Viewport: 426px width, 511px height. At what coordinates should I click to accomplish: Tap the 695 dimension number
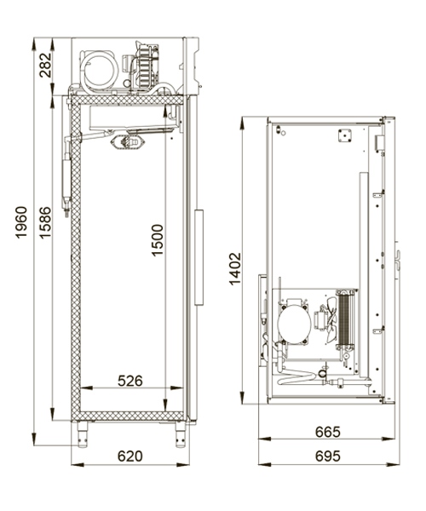tap(325, 456)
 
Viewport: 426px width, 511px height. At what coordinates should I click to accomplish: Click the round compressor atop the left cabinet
tap(100, 70)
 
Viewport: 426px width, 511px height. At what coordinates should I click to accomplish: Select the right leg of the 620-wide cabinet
tap(180, 434)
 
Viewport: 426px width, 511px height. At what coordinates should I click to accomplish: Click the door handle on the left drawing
tap(200, 257)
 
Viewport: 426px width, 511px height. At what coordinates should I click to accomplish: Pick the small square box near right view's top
tap(346, 134)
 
